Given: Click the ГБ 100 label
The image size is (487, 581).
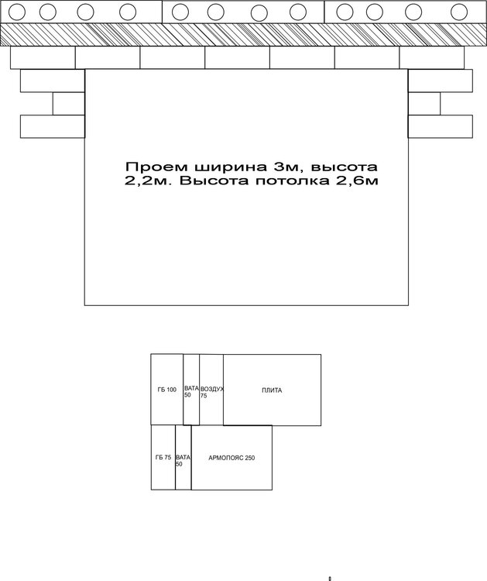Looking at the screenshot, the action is [x=166, y=390].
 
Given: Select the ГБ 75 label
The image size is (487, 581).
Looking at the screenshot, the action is [x=163, y=458].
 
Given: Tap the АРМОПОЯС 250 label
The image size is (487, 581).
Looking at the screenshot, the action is [x=231, y=458].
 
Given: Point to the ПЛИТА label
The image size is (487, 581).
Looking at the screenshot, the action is [x=272, y=390].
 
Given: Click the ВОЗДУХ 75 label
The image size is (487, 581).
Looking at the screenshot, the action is [x=212, y=393].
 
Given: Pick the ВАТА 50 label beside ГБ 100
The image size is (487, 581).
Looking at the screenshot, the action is [x=191, y=392].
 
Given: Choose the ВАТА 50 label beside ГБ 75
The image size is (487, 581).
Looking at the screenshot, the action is [x=183, y=461].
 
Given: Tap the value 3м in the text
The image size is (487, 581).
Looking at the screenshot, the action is [x=286, y=167].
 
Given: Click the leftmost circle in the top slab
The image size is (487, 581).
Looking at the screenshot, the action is [x=17, y=12].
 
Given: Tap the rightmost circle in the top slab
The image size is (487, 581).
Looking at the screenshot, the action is [x=459, y=12].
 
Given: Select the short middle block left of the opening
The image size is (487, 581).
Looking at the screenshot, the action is [x=69, y=104].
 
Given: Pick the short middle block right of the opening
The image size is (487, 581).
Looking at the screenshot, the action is [x=424, y=103].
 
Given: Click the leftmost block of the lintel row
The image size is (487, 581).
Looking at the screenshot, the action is [x=43, y=57].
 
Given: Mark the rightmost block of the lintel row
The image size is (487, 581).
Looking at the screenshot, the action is [x=432, y=57].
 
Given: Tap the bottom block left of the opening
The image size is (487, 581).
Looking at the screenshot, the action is [x=53, y=127].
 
